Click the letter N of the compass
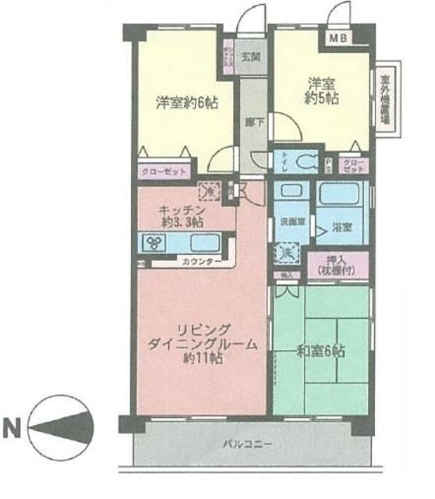pyautogui.click(x=13, y=428)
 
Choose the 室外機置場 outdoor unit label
pyautogui.click(x=385, y=101)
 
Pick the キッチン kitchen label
pyautogui.click(x=182, y=210)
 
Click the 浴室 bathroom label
pyautogui.click(x=341, y=228)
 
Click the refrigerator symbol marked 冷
pyautogui.click(x=208, y=189)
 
